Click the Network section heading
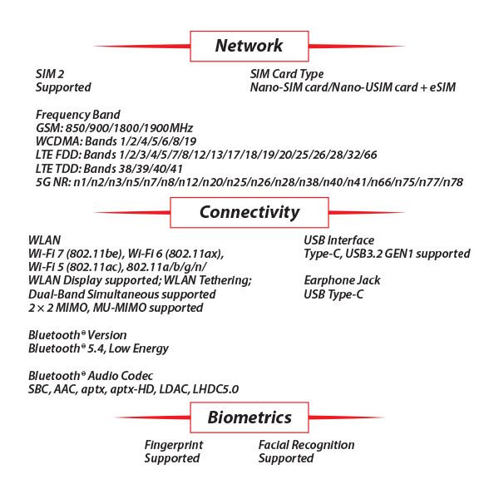[x=249, y=46]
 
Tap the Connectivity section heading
[x=249, y=213]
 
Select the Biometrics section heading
[x=249, y=417]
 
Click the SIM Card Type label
[x=287, y=74]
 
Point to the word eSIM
[x=442, y=87]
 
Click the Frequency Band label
[x=78, y=115]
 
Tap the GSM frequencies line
[x=114, y=128]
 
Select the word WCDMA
[x=59, y=141]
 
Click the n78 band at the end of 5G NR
[x=453, y=182]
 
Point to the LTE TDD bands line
[x=109, y=169]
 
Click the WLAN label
[x=45, y=240]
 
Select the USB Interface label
[x=339, y=240]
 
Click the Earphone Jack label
[x=342, y=280]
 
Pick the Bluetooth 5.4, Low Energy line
[x=98, y=348]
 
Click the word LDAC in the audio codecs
[x=175, y=389]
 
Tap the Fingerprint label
[x=174, y=445]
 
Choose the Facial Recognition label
[x=306, y=445]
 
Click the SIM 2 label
[x=50, y=74]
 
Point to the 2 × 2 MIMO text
[x=58, y=308]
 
